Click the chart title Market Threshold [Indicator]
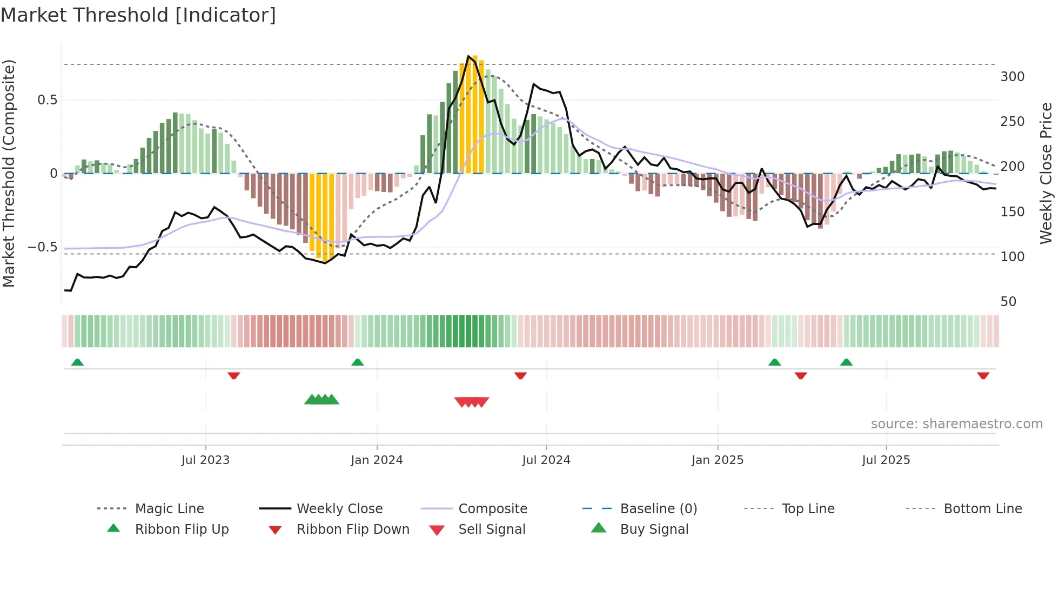(138, 15)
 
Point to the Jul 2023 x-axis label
(205, 460)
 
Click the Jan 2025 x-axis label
(717, 460)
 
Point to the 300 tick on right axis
(1012, 77)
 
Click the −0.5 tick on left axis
(42, 247)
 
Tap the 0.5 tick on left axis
(47, 100)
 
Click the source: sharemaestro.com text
(956, 424)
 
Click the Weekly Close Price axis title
(1046, 173)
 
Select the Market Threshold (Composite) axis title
(9, 173)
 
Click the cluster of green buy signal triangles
(321, 400)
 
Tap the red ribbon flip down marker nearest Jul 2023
(233, 375)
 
